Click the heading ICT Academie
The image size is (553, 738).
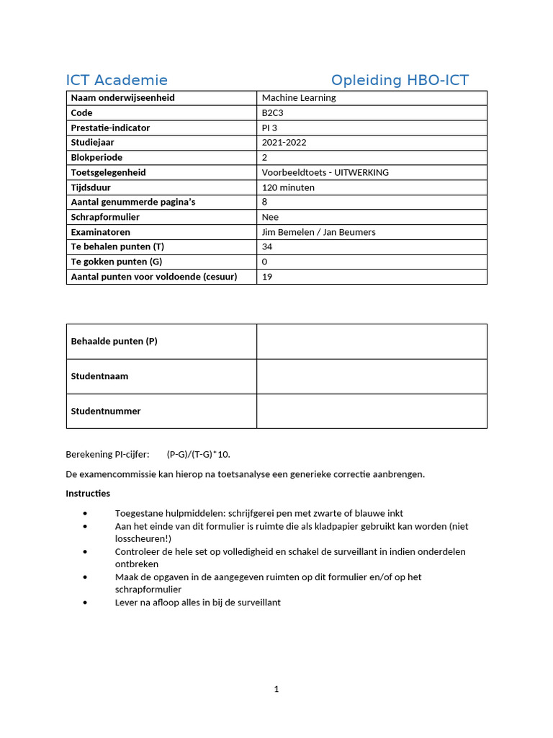[x=117, y=80]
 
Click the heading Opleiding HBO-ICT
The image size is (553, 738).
[x=400, y=80]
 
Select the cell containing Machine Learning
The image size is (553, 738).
[x=299, y=98]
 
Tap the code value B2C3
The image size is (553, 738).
[x=273, y=112]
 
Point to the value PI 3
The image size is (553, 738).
[x=270, y=128]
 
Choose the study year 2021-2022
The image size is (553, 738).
[x=284, y=143]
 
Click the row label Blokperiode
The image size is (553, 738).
[x=96, y=157]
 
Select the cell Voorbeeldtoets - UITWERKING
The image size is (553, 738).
[x=325, y=172]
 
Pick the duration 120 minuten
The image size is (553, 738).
[x=288, y=187]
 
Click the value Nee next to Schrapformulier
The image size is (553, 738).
[x=270, y=217]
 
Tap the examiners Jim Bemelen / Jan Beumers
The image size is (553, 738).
[x=318, y=232]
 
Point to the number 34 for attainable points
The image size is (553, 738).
[x=267, y=246]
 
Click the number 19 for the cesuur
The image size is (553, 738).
[x=267, y=277]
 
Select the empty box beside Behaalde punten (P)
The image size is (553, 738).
[x=372, y=342]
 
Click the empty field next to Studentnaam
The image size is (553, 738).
[x=372, y=376]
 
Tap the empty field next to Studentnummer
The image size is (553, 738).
[x=372, y=411]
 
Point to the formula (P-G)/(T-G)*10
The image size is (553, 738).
[x=198, y=454]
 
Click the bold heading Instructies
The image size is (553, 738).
[x=88, y=494]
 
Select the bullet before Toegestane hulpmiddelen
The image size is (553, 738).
[x=86, y=514]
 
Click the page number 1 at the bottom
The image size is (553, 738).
[x=276, y=690]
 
